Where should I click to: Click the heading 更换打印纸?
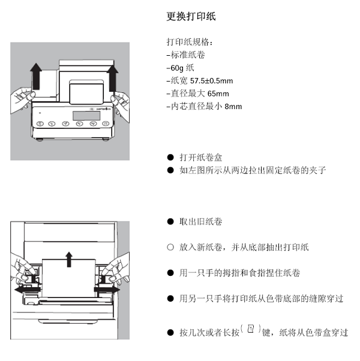[191, 16]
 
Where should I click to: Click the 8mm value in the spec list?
[232, 107]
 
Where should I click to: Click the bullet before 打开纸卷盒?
[170, 158]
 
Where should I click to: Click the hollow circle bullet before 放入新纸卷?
[170, 247]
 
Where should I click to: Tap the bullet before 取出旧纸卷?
[170, 222]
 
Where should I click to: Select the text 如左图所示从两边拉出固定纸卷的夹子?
[253, 170]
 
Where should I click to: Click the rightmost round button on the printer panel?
[106, 124]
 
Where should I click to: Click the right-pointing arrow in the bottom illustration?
[109, 290]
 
